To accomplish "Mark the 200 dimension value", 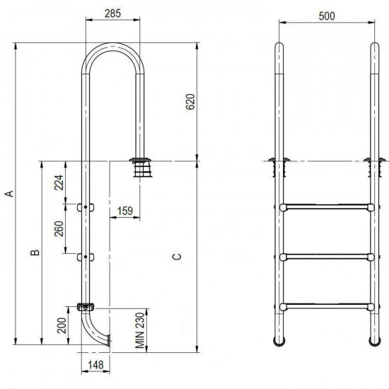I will [61, 325].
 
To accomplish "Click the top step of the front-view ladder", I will [326, 207].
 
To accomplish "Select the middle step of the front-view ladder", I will [326, 256].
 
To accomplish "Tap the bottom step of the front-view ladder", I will [326, 306].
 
